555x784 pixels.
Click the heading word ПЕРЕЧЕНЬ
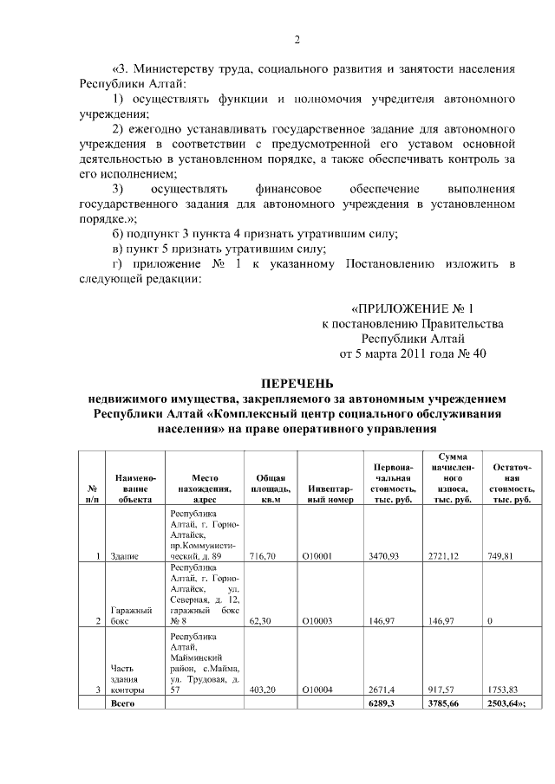pos(297,384)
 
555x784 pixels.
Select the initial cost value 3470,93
pos(382,556)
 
